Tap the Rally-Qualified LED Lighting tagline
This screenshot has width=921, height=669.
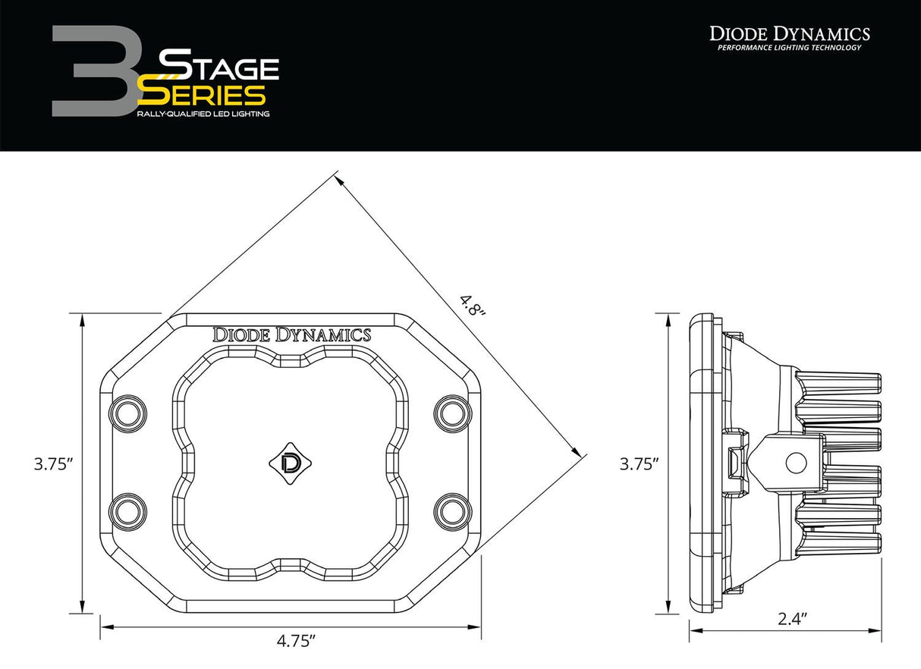point(203,114)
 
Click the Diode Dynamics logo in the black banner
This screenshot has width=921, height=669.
point(789,33)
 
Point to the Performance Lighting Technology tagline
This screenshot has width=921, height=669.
point(789,49)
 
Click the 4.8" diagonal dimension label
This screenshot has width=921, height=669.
point(470,305)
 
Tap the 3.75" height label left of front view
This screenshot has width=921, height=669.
point(52,464)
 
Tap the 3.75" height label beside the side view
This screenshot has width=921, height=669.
point(638,464)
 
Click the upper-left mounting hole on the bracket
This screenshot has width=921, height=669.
point(125,413)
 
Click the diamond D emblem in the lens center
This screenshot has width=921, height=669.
point(290,461)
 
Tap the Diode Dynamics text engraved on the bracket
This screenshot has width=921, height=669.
point(292,334)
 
